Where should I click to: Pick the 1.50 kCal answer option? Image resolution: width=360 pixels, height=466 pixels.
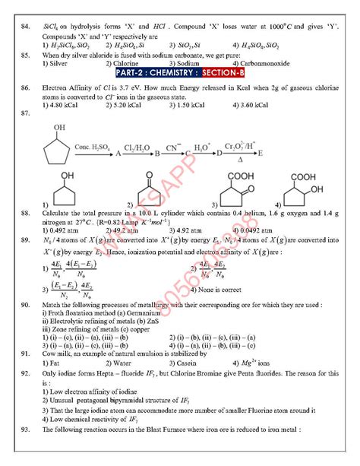click(x=216, y=105)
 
